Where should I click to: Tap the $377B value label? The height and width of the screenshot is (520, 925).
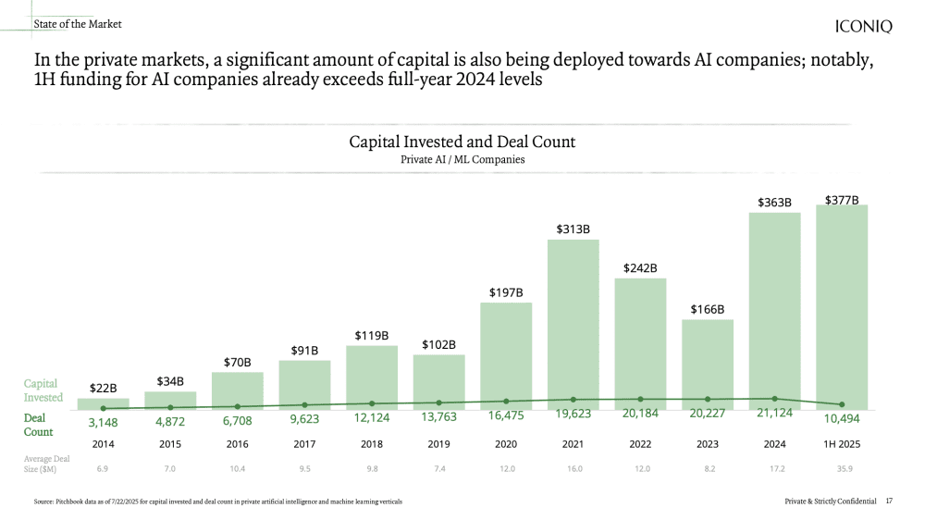point(842,199)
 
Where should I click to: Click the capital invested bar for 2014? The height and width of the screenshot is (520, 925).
point(104,403)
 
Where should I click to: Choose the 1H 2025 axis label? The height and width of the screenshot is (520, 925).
point(842,444)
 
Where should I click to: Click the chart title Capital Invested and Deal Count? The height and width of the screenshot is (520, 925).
point(462,142)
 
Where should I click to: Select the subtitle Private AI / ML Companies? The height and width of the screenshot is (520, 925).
point(462,159)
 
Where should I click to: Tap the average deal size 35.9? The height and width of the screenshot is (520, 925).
point(842,469)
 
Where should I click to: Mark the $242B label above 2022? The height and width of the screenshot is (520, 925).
point(640,268)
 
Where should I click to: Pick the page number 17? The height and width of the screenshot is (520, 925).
point(889,501)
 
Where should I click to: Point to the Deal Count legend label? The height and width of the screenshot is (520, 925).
point(38,425)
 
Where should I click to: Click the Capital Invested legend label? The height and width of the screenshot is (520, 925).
point(43,390)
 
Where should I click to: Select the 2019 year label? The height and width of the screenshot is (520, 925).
point(438,444)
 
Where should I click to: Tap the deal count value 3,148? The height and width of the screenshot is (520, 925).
point(103,422)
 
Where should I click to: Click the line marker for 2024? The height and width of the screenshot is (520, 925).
point(775,398)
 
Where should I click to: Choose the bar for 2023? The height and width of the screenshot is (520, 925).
point(708,364)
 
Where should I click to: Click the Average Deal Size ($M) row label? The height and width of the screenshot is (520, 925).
point(45,463)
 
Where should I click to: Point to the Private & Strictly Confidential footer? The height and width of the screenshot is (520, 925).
point(830,501)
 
